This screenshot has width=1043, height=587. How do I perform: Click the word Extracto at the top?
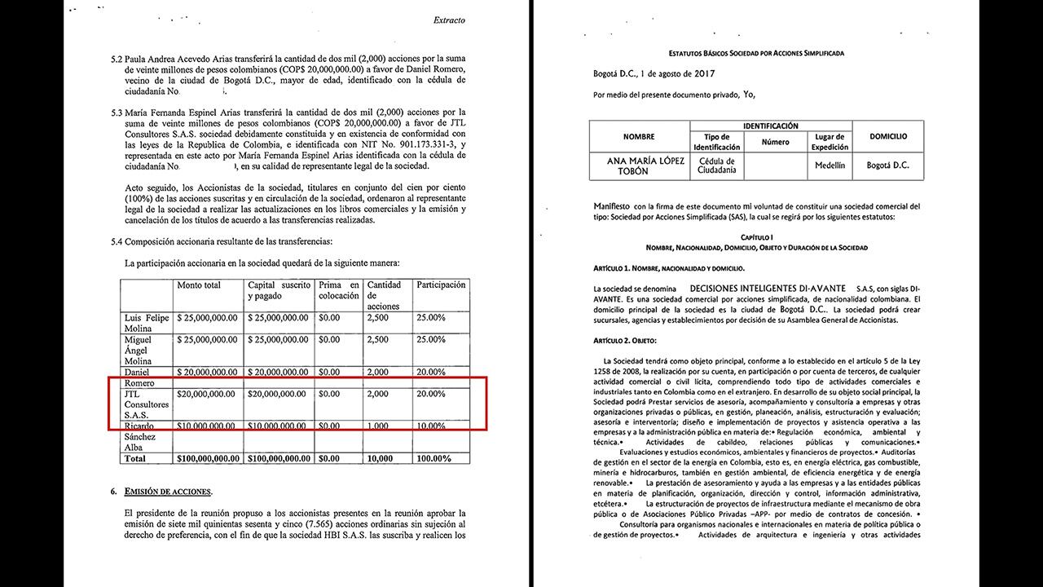click(449, 20)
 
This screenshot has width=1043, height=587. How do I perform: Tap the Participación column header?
click(441, 285)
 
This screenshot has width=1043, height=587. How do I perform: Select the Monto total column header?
click(199, 285)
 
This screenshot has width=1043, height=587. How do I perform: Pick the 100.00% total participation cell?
click(433, 459)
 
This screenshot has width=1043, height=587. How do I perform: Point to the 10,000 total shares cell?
click(380, 459)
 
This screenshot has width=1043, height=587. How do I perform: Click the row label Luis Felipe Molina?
click(147, 322)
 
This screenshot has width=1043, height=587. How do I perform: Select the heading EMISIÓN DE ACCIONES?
click(168, 492)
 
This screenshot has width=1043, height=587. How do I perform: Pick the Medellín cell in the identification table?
click(830, 165)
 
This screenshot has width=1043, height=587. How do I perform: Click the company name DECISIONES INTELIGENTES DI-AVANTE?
click(765, 289)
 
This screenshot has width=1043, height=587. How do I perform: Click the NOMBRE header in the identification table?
click(639, 136)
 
